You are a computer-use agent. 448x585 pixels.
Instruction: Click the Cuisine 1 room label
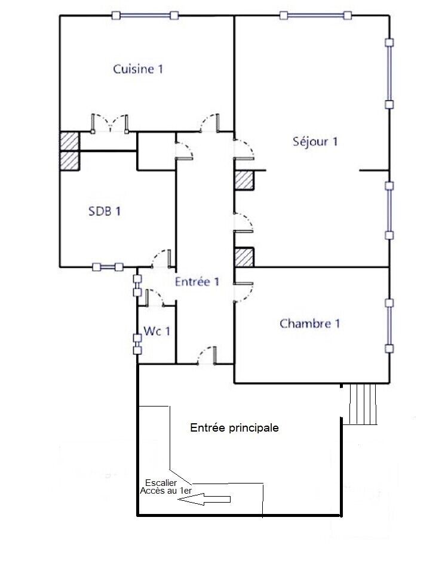(x=138, y=69)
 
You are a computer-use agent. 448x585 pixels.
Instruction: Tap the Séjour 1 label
(x=315, y=142)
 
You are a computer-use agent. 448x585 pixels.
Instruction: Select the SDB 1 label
(x=105, y=211)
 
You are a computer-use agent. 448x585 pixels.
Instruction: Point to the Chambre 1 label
(x=309, y=324)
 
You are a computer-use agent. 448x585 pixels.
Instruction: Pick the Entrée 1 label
(x=197, y=282)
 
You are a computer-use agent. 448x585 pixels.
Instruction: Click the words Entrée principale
(x=234, y=428)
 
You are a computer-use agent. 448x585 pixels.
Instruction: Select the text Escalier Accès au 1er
(x=165, y=486)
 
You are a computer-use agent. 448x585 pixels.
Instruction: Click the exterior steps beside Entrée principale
(x=363, y=404)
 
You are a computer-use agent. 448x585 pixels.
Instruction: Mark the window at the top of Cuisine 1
(x=147, y=16)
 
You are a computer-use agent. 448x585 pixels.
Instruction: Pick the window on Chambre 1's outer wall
(x=389, y=325)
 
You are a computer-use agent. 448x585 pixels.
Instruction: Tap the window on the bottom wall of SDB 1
(x=108, y=267)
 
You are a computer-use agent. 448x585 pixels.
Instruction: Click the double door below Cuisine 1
(x=110, y=122)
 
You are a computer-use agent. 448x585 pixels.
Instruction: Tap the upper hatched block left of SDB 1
(x=69, y=141)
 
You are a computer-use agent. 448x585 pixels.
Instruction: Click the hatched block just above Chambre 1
(x=244, y=257)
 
